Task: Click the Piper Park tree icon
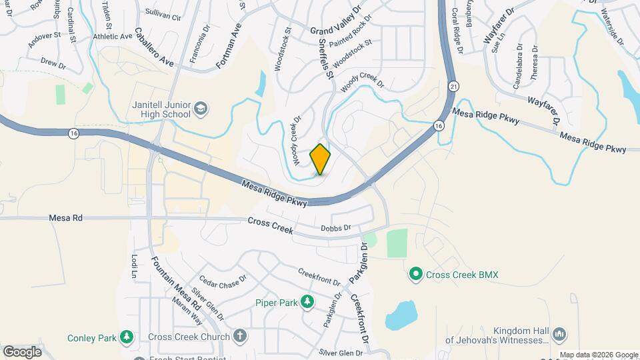[307, 303]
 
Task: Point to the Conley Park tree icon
[126, 338]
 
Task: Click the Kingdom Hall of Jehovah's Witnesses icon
[559, 333]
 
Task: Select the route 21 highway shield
[453, 86]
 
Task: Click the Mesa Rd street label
[65, 218]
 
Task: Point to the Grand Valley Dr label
[335, 21]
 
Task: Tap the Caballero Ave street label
[154, 47]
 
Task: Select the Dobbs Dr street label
[335, 228]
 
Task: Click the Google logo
[22, 351]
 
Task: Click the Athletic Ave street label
[113, 37]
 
